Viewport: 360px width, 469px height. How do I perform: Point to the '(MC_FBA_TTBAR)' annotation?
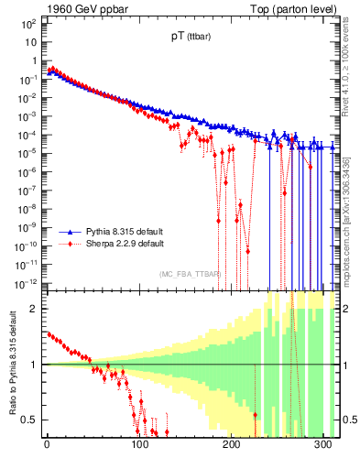(190, 274)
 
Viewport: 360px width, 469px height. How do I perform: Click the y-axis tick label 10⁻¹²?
(27, 282)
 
